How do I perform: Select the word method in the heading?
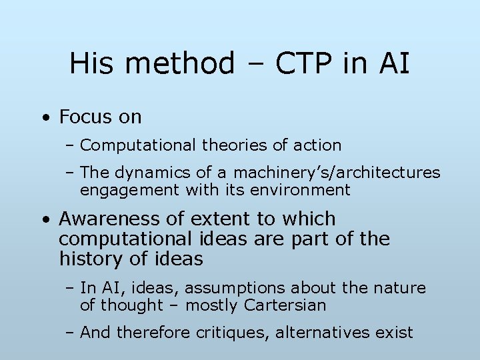click(179, 64)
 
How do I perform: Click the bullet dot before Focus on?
click(45, 118)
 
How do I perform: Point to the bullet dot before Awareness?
click(45, 220)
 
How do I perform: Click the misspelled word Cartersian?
click(285, 305)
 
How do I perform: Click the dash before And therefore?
click(71, 332)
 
